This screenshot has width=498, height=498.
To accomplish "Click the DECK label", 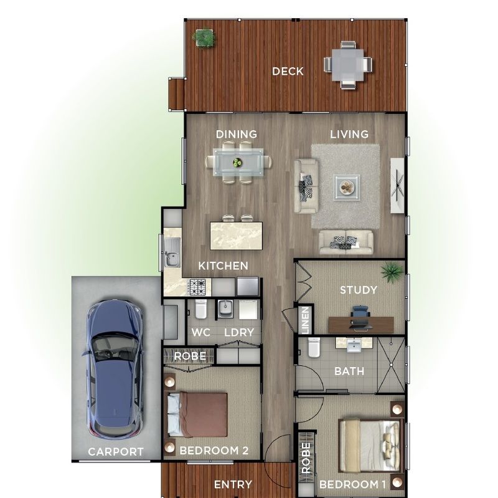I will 288,72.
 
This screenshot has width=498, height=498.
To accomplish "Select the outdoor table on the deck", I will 347,64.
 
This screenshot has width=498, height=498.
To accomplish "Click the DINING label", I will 236,134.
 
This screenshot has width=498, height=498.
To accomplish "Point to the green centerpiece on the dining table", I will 237,163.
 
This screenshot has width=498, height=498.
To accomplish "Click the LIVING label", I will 349,134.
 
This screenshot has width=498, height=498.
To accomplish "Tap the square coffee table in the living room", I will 346,186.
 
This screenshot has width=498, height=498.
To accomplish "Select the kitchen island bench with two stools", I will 237,234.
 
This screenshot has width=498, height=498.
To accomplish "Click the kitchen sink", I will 172,256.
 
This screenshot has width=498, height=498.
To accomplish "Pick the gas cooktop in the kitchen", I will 198,287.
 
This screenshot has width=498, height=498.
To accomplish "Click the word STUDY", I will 358,290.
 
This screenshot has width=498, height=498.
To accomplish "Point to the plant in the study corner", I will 392,271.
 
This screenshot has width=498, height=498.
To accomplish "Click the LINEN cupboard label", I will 305,318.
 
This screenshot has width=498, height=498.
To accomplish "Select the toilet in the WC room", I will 200,309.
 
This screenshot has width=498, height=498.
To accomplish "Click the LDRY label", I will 239,332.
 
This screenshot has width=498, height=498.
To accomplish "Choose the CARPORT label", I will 116,452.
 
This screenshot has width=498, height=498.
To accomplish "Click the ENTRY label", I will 233,484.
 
